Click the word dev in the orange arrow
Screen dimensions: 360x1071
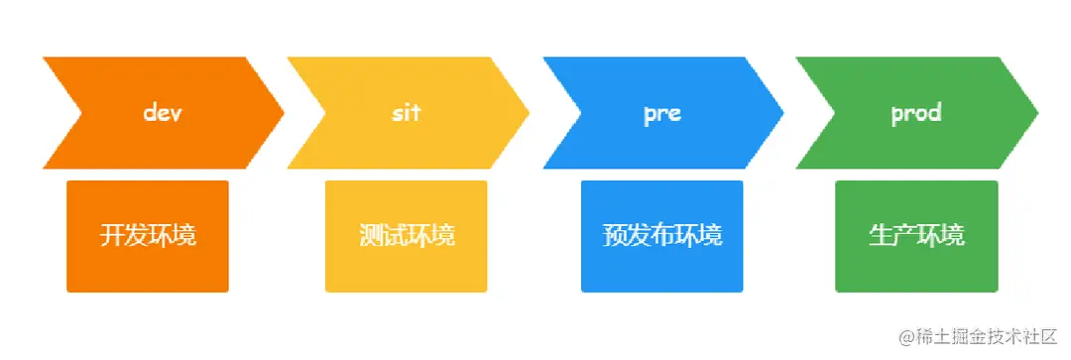tap(164, 112)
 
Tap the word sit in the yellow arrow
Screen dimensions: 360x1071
tap(406, 112)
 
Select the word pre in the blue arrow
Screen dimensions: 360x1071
tap(661, 112)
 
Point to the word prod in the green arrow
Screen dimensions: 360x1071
tap(915, 112)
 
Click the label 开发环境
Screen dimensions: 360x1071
tap(148, 236)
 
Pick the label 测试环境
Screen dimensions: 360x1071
tap(407, 236)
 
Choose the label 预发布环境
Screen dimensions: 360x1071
tap(662, 236)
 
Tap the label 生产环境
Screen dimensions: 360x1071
tap(916, 236)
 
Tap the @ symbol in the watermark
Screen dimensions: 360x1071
tap(907, 337)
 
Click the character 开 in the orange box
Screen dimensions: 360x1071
tap(112, 236)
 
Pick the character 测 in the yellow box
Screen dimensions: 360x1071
tap(371, 236)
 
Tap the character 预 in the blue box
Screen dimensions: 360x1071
tap(615, 236)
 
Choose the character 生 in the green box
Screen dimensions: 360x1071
tap(881, 236)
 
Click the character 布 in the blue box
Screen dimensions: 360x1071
tap(662, 236)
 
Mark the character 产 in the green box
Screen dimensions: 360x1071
tap(904, 236)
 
